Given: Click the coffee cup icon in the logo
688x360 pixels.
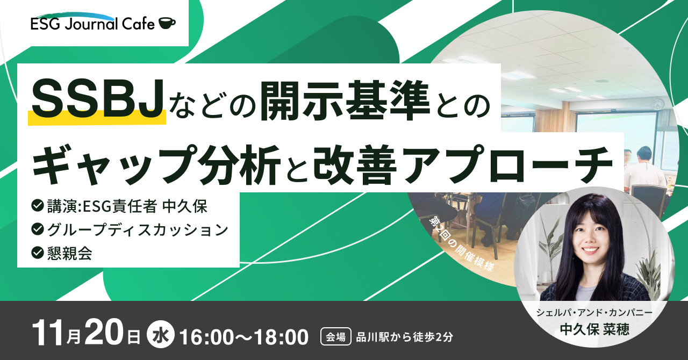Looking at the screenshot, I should point(167,23).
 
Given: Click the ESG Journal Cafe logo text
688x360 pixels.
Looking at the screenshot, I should point(93,24).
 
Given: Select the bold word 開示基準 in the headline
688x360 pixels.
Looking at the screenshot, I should point(345,100).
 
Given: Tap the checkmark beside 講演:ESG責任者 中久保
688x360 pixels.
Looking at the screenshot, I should point(38,206).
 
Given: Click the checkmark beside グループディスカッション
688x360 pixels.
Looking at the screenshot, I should point(38,229).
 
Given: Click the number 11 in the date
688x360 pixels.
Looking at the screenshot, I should point(49,335).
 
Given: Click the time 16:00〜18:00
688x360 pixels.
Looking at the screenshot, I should point(243,336).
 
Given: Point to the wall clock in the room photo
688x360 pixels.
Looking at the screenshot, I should point(658,104).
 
